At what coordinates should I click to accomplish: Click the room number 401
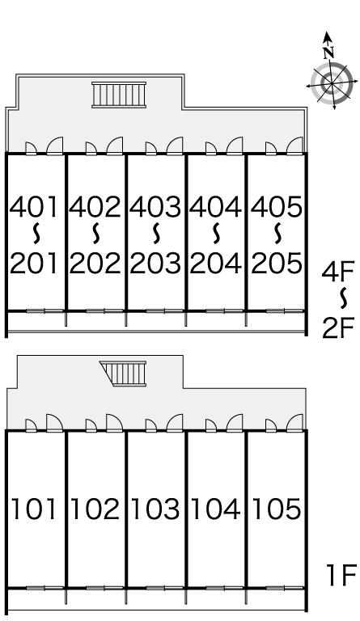34,207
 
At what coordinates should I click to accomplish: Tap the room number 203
155,264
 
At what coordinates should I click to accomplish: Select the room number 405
277,207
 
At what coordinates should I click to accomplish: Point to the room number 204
215,264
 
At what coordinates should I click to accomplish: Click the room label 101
35,509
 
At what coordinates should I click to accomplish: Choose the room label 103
155,509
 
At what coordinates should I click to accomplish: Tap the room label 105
277,509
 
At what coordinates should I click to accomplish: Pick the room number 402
95,207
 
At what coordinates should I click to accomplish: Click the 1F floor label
341,575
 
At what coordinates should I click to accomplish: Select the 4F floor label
338,272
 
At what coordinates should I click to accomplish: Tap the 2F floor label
338,328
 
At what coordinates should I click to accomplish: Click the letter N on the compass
328,53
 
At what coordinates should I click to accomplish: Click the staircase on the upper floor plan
119,95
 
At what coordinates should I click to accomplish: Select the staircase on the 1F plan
124,373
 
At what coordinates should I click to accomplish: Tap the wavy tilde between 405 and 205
277,234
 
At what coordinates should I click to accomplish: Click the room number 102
95,509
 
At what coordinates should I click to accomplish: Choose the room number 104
215,509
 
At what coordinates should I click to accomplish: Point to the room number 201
34,264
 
